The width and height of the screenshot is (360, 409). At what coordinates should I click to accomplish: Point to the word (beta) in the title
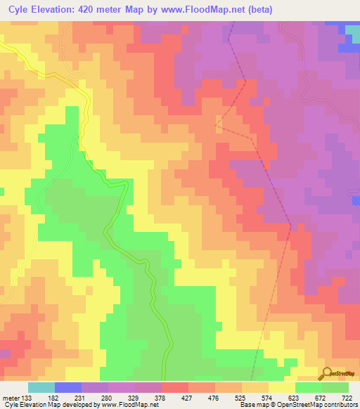(x=259, y=10)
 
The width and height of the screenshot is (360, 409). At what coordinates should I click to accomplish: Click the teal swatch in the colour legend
(x=41, y=387)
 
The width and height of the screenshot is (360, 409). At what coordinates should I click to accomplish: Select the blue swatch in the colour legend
(x=68, y=387)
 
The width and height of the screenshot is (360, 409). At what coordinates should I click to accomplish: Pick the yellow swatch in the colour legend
(x=282, y=387)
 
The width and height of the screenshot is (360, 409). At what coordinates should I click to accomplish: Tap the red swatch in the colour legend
(x=175, y=387)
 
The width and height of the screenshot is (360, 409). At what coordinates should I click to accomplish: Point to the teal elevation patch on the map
(x=352, y=31)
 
